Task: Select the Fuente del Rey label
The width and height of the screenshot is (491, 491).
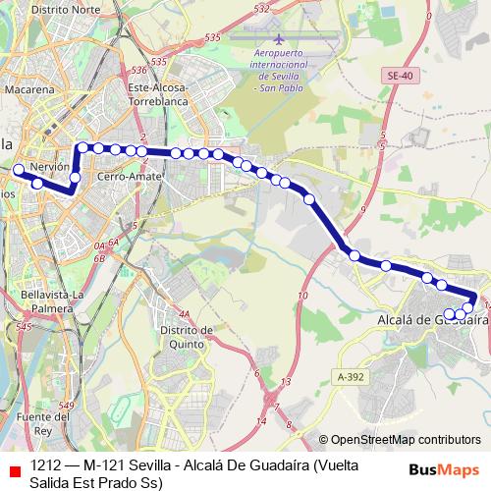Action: click(x=46, y=422)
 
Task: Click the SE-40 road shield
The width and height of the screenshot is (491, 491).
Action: click(x=401, y=76)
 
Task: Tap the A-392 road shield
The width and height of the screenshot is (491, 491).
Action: click(x=350, y=376)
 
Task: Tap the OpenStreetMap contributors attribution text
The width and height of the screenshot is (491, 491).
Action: click(x=407, y=440)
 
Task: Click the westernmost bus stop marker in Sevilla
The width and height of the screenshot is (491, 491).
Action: click(x=18, y=170)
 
